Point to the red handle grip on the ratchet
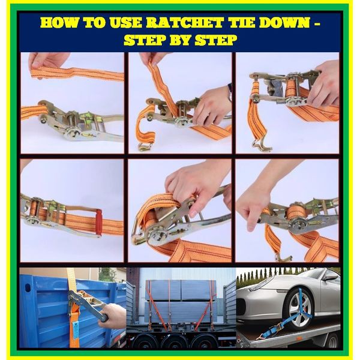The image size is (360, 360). [99, 222]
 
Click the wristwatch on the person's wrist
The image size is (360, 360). [230, 92]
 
